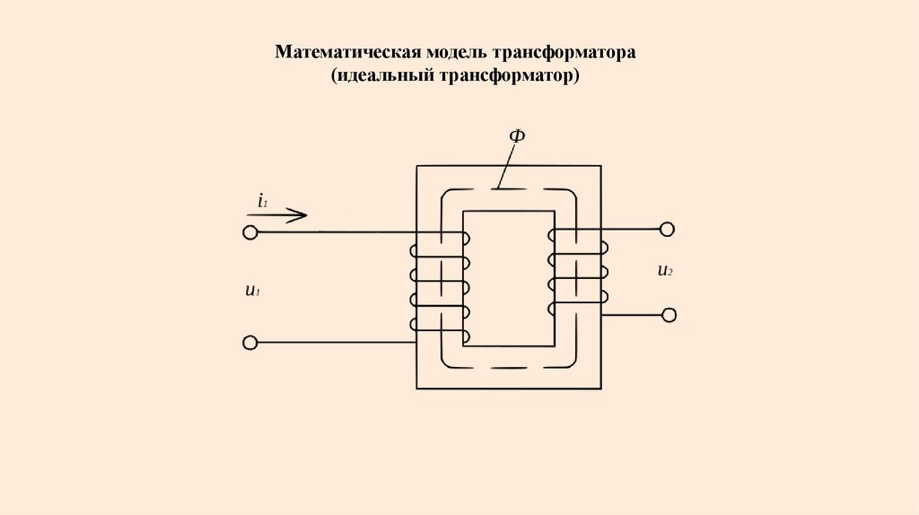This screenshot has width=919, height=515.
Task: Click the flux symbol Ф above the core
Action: point(517,136)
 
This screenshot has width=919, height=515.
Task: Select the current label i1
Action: point(262,201)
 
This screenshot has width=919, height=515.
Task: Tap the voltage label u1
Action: point(252,291)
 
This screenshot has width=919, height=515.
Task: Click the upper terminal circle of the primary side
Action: point(250,232)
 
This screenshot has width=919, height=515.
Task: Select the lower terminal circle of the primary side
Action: point(250,343)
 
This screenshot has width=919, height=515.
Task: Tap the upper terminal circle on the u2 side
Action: point(667,230)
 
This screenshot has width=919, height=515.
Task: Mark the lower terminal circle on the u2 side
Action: point(667,315)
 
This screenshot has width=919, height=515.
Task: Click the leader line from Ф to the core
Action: point(507,167)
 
